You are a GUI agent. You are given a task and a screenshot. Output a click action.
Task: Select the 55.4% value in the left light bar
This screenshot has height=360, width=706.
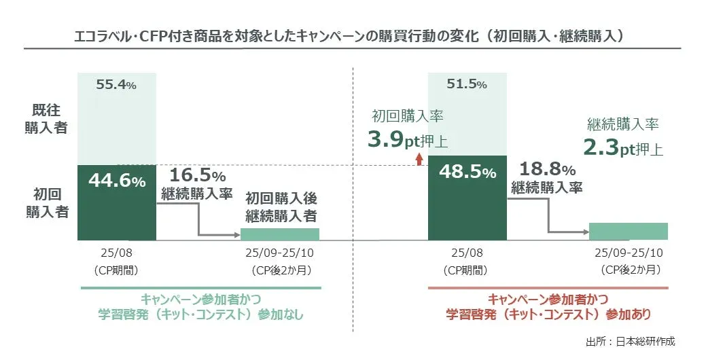click(116, 86)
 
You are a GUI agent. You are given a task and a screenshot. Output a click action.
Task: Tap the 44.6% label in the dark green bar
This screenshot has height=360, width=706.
click(116, 181)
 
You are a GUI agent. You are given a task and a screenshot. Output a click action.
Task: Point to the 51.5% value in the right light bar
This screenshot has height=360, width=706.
click(466, 85)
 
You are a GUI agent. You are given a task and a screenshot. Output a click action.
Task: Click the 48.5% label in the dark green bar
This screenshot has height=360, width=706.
click(467, 173)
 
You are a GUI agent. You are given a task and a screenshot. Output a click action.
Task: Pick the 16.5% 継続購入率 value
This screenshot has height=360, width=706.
click(197, 176)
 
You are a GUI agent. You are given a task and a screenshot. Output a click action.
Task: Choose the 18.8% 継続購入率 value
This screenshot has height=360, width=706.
click(547, 170)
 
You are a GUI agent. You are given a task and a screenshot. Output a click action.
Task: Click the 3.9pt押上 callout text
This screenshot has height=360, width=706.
click(408, 141)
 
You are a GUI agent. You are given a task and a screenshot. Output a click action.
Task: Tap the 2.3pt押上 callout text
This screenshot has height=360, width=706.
click(623, 148)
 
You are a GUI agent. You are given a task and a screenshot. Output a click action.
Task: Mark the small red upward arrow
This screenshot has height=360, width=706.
click(419, 159)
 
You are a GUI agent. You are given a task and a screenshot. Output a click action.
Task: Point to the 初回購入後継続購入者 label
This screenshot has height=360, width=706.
click(281, 209)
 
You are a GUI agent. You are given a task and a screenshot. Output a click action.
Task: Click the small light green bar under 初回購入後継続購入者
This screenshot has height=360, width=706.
click(280, 234)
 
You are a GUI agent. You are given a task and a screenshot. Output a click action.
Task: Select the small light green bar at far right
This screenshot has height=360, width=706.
click(629, 231)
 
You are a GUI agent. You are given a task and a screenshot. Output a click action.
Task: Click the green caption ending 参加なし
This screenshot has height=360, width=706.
click(200, 307)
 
